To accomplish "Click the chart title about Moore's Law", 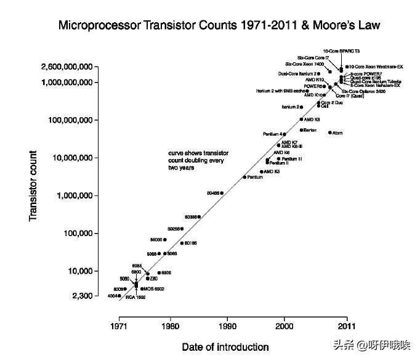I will coord(219,25).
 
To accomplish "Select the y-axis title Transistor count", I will coord(34,186).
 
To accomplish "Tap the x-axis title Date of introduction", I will coord(225,347).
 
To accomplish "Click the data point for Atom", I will coord(330,133).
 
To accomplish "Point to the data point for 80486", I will coord(222,193).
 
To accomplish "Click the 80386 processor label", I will coord(190,217).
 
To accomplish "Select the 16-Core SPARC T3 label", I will coord(341,51).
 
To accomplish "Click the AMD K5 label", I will coord(272,171).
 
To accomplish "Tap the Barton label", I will coord(310,130).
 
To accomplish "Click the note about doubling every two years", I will coord(196,160).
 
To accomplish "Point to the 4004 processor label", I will coord(113,296).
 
